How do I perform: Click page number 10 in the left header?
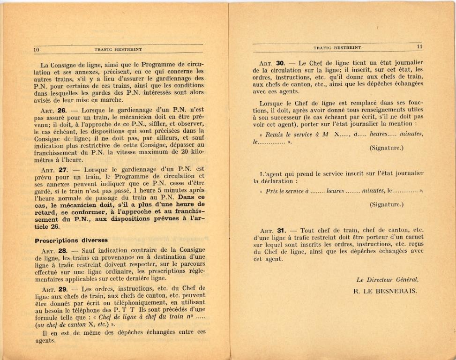tap(36, 49)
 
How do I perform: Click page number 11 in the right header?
tap(419, 47)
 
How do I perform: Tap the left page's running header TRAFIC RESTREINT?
tap(118, 49)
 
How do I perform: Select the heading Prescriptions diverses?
tap(71, 240)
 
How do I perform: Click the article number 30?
tap(281, 63)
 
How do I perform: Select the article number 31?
tap(282, 230)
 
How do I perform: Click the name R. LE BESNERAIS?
tap(386, 290)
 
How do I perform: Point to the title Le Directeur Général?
tap(387, 280)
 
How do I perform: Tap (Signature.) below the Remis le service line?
tap(387, 148)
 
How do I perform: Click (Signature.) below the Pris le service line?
tap(387, 204)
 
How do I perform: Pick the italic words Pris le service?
tap(285, 191)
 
